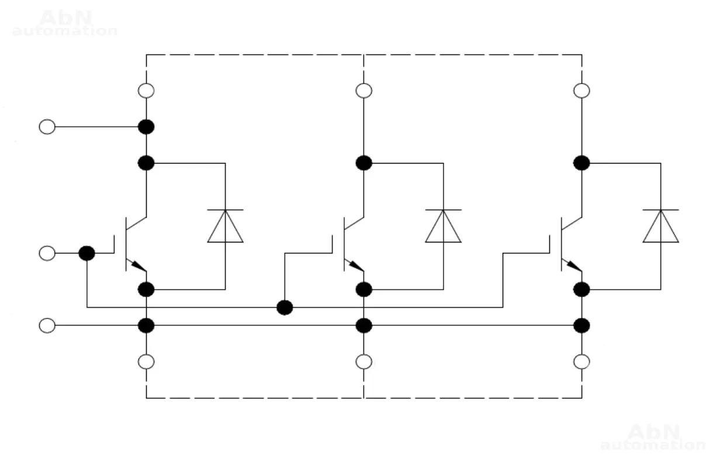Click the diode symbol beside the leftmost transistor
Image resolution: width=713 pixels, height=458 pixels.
coord(226,226)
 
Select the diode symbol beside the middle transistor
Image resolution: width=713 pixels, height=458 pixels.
coord(443,226)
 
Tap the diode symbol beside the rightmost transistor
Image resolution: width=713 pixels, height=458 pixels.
coord(660,226)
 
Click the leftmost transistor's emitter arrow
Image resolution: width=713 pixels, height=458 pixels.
coord(138,266)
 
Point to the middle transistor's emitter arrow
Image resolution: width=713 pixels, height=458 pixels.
coord(355,266)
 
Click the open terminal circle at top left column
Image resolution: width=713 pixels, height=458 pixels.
coord(146,91)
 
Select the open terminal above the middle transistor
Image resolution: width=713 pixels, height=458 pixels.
coord(364,91)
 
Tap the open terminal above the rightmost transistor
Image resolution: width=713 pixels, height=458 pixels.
coord(582,91)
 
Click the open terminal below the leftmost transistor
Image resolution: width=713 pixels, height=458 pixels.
coord(146,362)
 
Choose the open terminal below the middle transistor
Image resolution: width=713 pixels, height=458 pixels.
coord(364,362)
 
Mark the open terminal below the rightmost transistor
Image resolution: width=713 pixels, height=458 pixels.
coord(582,362)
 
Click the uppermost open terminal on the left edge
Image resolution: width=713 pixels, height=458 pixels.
coord(47,126)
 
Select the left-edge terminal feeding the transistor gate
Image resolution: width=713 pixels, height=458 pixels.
coord(47,253)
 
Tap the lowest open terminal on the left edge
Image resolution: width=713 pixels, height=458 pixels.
coord(47,325)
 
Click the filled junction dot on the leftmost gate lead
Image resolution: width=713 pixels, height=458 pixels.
coord(86,253)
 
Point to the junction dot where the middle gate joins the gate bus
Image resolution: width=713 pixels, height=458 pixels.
coord(285,307)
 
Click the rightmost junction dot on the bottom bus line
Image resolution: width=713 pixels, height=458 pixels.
coord(582,325)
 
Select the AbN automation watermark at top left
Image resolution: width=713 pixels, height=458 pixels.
coord(64,23)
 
